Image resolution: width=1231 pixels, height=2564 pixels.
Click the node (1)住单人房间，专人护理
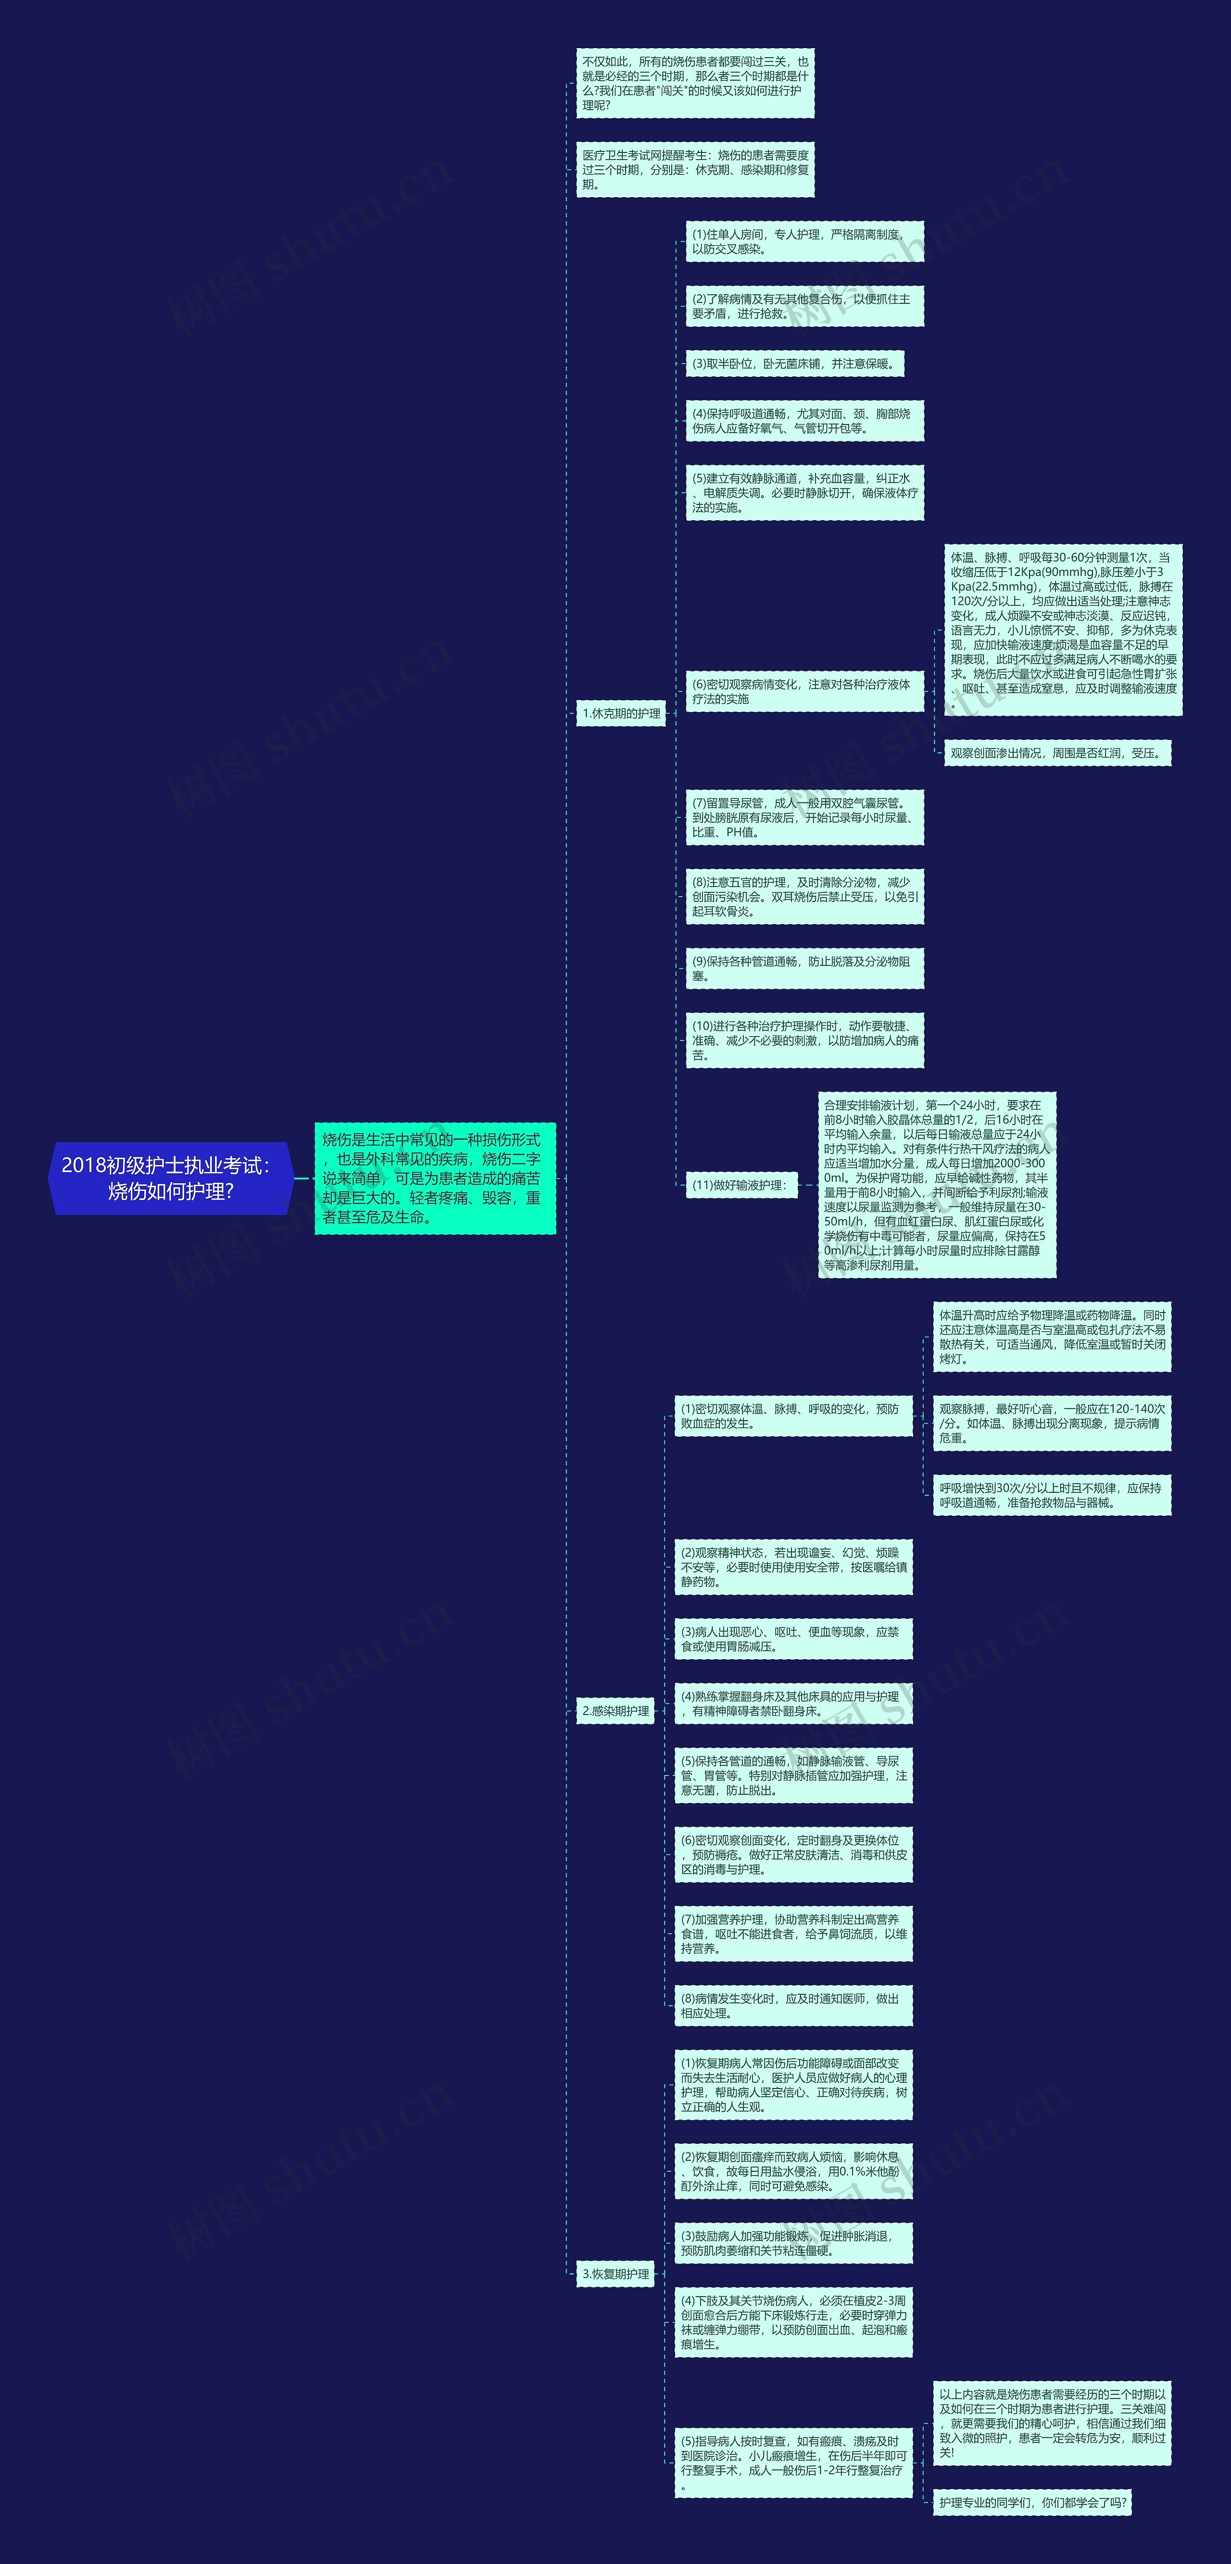[804, 242]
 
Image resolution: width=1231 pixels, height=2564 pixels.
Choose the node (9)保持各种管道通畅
[804, 968]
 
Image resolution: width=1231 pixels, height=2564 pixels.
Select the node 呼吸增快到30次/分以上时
[1051, 1495]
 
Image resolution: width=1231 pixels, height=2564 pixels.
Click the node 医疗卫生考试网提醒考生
[695, 169]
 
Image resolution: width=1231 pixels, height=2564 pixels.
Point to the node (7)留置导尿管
[804, 817]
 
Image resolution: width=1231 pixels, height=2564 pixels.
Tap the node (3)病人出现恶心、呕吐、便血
[793, 1638]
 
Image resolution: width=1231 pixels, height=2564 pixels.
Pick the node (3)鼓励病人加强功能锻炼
[793, 2242]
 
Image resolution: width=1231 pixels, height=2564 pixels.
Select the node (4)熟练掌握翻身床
[793, 1703]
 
